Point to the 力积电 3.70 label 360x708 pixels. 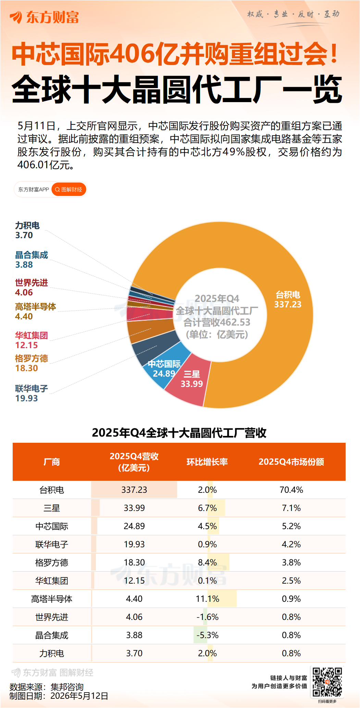[x=27, y=230]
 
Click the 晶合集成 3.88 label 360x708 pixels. [x=32, y=260]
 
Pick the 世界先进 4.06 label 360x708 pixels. [x=32, y=288]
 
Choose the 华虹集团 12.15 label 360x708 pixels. [x=32, y=340]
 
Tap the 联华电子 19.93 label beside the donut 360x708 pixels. [x=32, y=393]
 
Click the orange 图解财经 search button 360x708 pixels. [x=69, y=190]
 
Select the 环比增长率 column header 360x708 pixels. [x=207, y=462]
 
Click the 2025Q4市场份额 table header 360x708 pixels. [x=291, y=462]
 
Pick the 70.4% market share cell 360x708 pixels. [x=291, y=490]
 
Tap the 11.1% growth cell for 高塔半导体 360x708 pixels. [x=207, y=599]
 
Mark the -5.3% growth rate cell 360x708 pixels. [x=207, y=635]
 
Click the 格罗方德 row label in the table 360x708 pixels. [x=52, y=563]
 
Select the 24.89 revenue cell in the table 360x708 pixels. [x=134, y=526]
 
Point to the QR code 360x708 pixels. [x=327, y=682]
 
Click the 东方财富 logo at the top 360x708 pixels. [x=45, y=17]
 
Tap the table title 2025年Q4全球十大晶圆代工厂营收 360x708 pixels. [x=179, y=433]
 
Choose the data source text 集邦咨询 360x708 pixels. [x=67, y=687]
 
